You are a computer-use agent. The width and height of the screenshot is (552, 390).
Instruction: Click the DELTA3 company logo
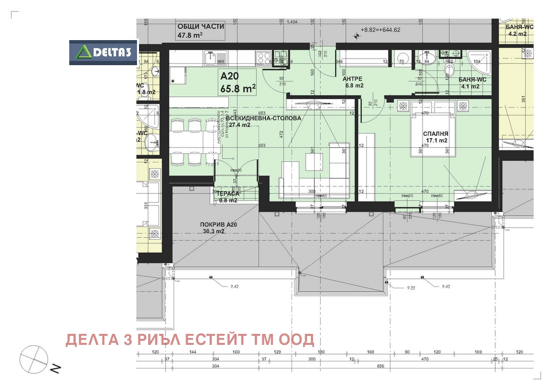[x=103, y=52]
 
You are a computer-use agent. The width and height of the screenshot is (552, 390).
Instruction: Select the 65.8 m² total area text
[x=238, y=89]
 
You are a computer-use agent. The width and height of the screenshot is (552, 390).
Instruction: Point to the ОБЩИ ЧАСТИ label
[x=200, y=27]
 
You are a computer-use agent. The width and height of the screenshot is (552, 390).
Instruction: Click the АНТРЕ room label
[x=352, y=79]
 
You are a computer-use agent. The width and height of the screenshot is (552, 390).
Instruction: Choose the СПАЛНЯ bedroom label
[x=435, y=133]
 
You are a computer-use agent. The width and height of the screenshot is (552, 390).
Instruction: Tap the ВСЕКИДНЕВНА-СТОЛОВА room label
[x=263, y=118]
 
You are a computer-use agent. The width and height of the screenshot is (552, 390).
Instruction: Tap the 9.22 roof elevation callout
[x=411, y=288]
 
